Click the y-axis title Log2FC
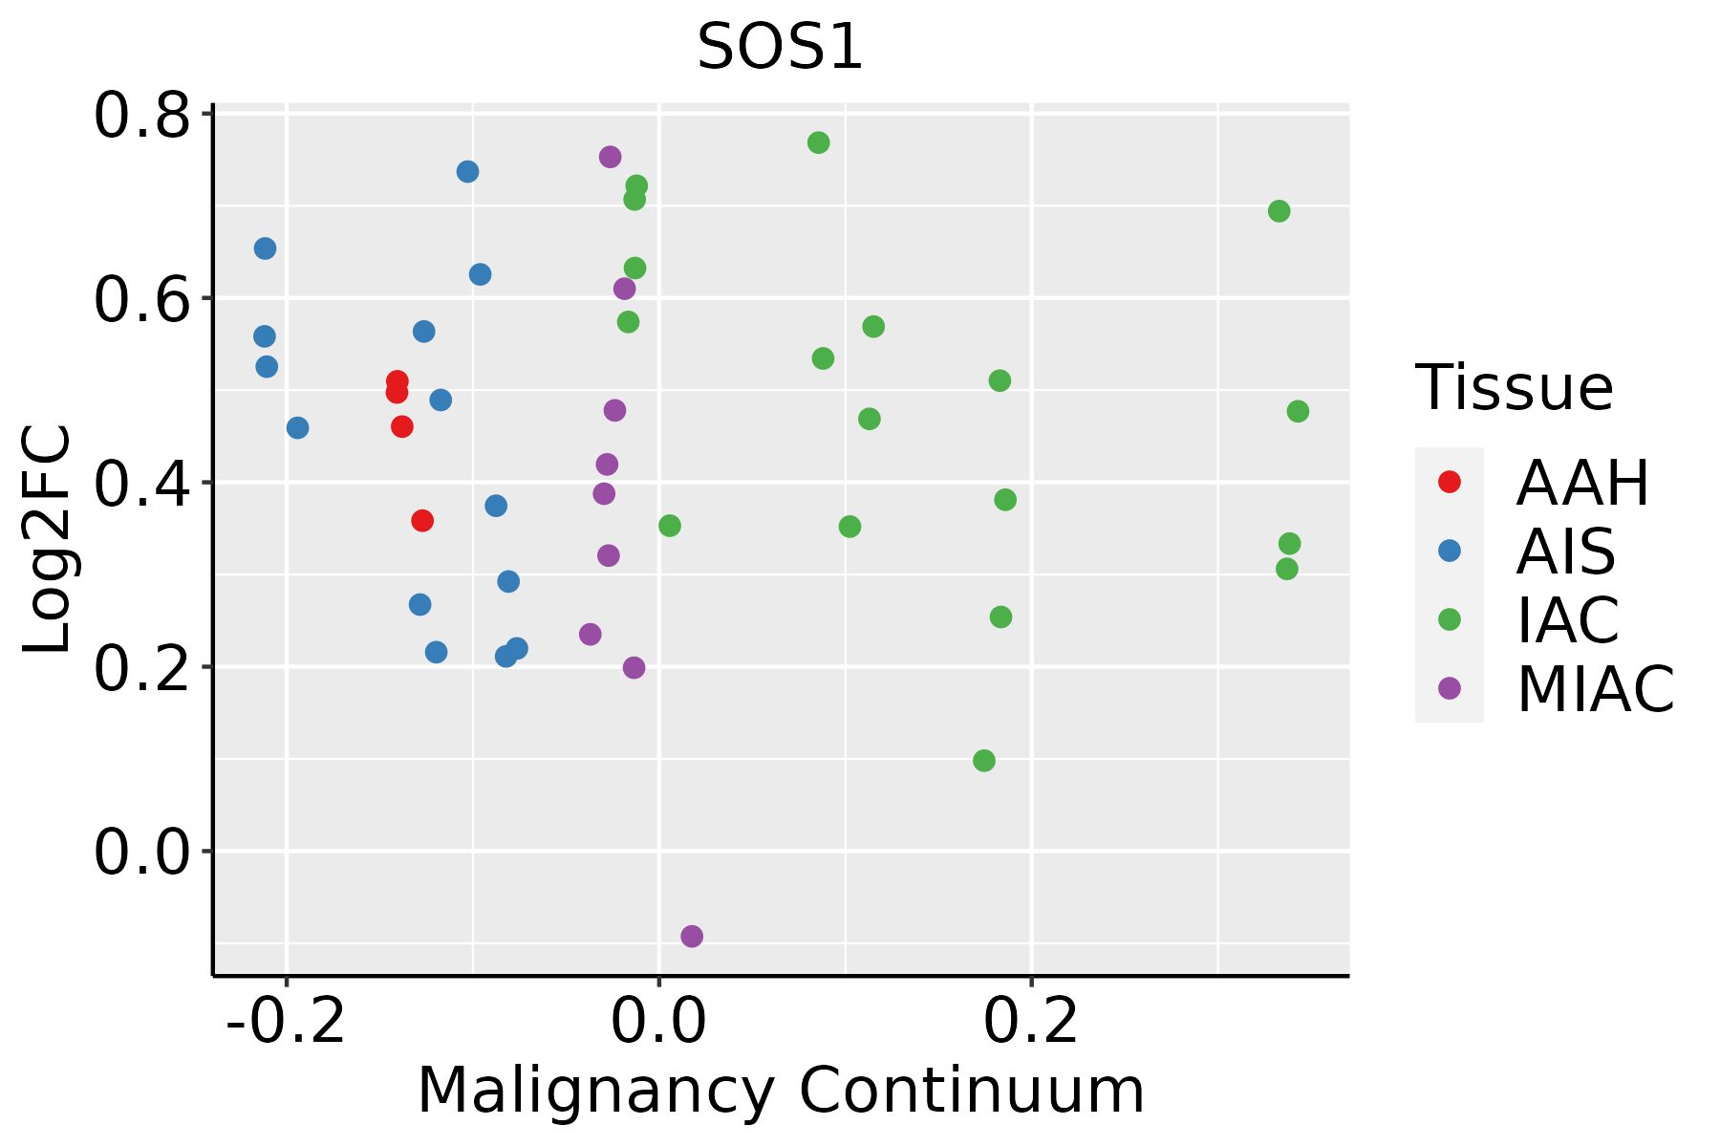pyautogui.click(x=48, y=540)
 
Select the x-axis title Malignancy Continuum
pyautogui.click(x=780, y=1091)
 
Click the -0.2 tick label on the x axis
pyautogui.click(x=286, y=1022)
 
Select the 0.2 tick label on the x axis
pyautogui.click(x=1031, y=1022)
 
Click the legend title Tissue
pyautogui.click(x=1515, y=388)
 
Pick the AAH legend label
pyautogui.click(x=1582, y=483)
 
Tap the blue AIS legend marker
pyautogui.click(x=1450, y=551)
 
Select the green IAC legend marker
pyautogui.click(x=1450, y=619)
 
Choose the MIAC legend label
pyautogui.click(x=1595, y=688)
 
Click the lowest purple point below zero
pyautogui.click(x=692, y=936)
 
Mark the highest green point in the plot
pyautogui.click(x=818, y=142)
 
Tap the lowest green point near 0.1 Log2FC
pyautogui.click(x=983, y=761)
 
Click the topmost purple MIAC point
pyautogui.click(x=610, y=157)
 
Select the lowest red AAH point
pyautogui.click(x=422, y=521)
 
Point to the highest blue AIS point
pyautogui.click(x=467, y=172)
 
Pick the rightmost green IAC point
pyautogui.click(x=1298, y=411)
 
